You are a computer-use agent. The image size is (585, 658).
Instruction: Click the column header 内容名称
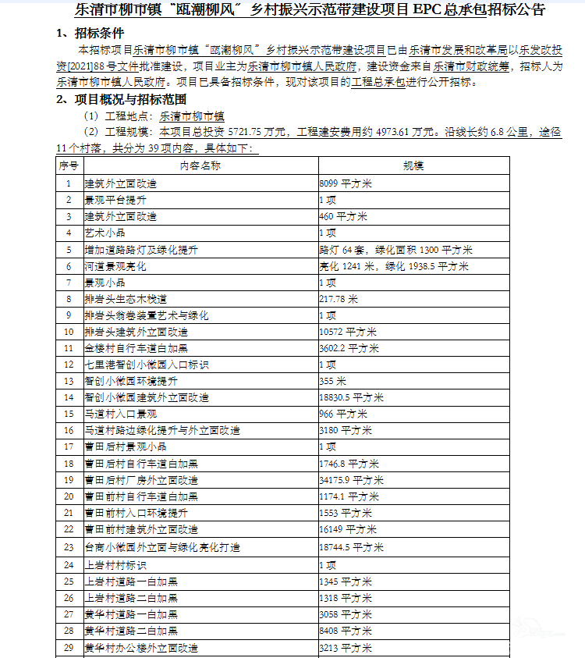[200, 165]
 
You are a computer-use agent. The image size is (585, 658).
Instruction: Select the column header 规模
[413, 165]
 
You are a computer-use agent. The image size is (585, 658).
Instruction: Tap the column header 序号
[69, 165]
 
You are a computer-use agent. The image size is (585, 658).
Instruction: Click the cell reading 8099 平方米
[346, 183]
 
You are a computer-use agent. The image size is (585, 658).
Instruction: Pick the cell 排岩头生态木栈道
[126, 299]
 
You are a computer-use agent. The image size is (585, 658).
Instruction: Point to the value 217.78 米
[339, 299]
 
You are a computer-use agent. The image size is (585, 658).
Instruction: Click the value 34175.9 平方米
[352, 479]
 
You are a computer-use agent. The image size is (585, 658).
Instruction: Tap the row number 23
[69, 547]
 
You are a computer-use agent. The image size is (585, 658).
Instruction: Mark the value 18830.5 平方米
[352, 397]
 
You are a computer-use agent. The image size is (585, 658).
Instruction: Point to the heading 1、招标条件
[90, 34]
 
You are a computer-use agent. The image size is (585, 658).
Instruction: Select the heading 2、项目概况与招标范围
[121, 99]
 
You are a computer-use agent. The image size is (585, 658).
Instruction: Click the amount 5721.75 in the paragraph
[249, 132]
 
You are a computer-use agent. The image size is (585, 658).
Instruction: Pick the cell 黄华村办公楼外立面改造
[141, 647]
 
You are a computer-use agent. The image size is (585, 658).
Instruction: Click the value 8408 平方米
[346, 630]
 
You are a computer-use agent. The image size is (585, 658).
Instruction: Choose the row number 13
[69, 381]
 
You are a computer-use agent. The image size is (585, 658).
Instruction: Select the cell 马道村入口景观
[120, 414]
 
